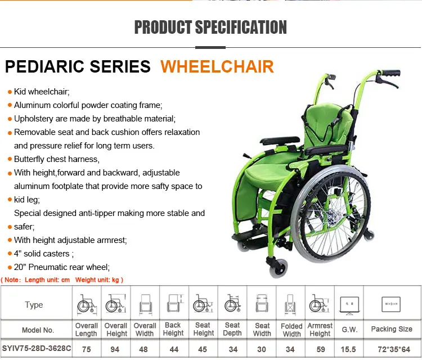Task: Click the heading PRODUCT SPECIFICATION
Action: coord(210,28)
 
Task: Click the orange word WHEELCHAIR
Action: coord(217,66)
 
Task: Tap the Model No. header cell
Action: coord(38,330)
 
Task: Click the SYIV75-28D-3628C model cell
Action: coord(37,349)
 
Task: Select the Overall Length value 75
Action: coord(87,349)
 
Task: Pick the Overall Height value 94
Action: coord(116,349)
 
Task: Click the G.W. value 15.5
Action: coord(349,349)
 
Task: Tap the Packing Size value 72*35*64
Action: coord(391,349)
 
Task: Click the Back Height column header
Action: coord(173,329)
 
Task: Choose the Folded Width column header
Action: coord(291,330)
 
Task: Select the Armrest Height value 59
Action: coord(320,349)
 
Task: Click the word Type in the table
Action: coord(34,305)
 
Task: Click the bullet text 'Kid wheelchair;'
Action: coord(42,92)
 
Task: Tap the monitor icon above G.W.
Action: coord(349,304)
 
